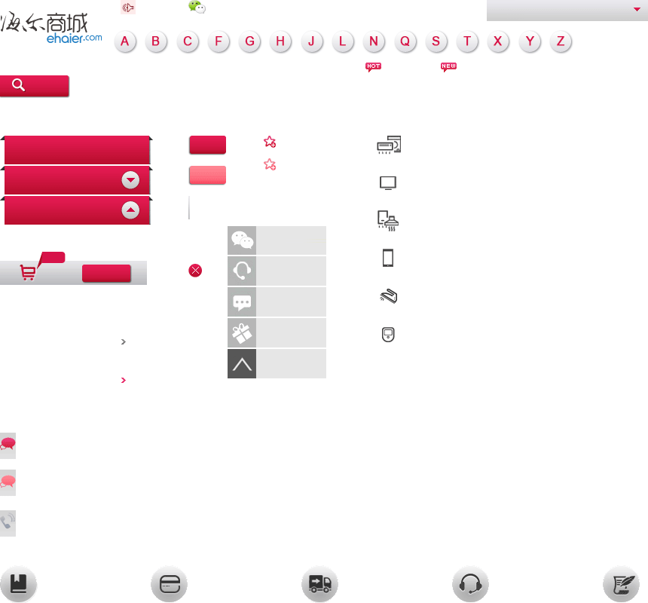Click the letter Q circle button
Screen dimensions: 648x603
click(405, 41)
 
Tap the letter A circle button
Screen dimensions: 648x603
click(125, 41)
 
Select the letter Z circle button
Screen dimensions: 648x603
click(561, 41)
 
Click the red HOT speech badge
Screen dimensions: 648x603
click(373, 67)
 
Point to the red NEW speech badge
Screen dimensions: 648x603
click(448, 67)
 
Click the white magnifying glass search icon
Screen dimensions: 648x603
click(18, 84)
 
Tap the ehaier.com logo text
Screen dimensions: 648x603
click(75, 38)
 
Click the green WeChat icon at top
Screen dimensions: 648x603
click(197, 7)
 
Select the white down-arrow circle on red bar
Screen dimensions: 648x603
click(130, 180)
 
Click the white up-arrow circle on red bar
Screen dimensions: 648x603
click(130, 210)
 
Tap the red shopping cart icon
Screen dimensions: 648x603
click(28, 272)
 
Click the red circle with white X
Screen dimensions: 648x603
click(195, 271)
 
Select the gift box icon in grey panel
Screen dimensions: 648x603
click(242, 333)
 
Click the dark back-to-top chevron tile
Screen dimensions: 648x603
click(242, 364)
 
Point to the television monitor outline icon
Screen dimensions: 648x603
click(388, 182)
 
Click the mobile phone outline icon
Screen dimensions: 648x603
click(387, 258)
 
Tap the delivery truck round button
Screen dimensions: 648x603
click(320, 584)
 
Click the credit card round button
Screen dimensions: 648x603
click(170, 584)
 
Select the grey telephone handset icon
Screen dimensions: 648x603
click(8, 523)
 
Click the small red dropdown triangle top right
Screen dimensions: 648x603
click(637, 9)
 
